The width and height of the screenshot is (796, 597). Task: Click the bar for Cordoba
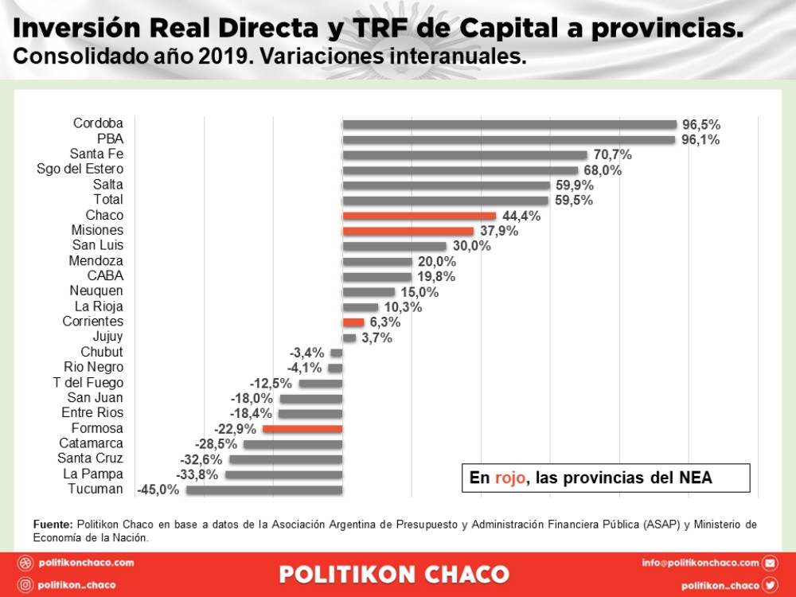coord(509,124)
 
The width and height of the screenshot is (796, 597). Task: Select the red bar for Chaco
coord(419,216)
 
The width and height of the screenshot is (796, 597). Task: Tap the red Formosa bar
coord(302,429)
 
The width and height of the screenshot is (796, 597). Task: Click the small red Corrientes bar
coord(353,322)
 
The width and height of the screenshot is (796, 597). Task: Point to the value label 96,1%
coord(700,139)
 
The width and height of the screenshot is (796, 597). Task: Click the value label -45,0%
coord(158,490)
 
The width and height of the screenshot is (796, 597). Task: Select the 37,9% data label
coord(499,231)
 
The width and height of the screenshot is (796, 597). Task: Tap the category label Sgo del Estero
coord(80,169)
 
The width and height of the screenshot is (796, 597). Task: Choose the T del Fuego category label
coord(94,383)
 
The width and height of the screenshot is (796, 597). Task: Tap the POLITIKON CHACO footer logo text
coord(394,574)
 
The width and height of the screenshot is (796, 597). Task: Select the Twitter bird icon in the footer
coord(770,585)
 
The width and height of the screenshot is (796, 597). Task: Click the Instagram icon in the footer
coord(25,585)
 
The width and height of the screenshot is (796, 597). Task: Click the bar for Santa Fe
coord(465,154)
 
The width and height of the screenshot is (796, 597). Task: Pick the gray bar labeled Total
coord(446,201)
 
